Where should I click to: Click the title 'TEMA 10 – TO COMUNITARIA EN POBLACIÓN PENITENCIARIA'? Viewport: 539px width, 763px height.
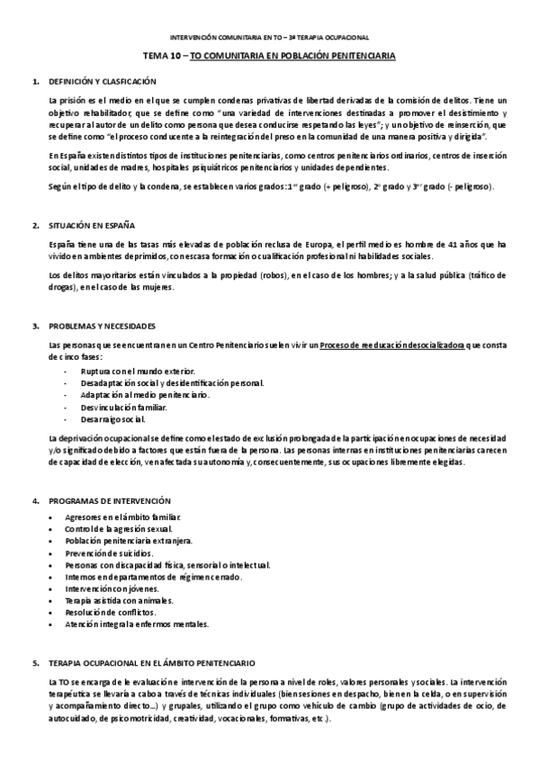click(269, 56)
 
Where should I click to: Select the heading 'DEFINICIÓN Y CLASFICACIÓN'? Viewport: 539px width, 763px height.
click(95, 82)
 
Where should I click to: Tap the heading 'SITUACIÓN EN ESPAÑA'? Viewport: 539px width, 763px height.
click(88, 225)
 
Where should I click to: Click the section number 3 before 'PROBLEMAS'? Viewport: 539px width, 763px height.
click(36, 326)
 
